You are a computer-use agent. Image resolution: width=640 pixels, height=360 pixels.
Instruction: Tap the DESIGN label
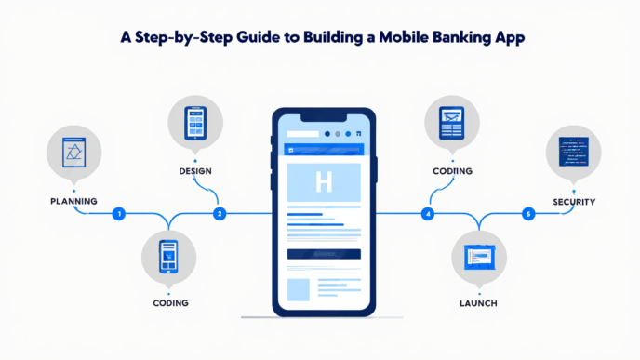197,172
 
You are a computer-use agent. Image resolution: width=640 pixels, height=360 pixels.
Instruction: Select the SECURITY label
573,201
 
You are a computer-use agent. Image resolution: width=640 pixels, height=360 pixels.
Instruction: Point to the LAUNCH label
478,303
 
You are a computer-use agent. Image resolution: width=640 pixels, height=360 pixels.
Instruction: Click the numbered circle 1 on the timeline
117,214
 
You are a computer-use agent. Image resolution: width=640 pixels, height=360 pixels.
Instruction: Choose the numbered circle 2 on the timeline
220,214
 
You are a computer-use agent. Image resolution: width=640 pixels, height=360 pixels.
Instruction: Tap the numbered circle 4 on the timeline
428,214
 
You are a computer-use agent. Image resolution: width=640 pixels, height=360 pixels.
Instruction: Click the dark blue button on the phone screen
323,253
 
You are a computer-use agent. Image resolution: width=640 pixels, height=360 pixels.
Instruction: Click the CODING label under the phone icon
170,303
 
